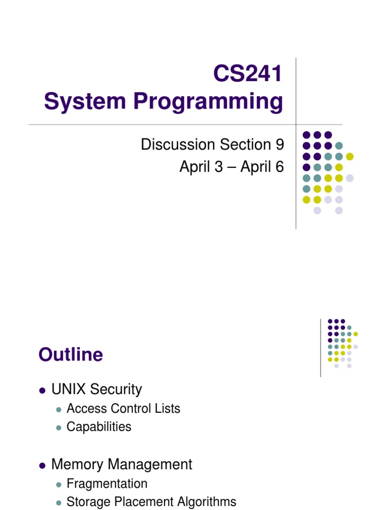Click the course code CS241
(x=247, y=75)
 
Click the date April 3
(x=202, y=167)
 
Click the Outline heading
(x=71, y=355)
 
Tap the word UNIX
(x=68, y=389)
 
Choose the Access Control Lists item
(x=123, y=409)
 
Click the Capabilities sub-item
(x=99, y=427)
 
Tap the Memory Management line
(x=122, y=465)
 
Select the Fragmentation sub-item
(x=107, y=484)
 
